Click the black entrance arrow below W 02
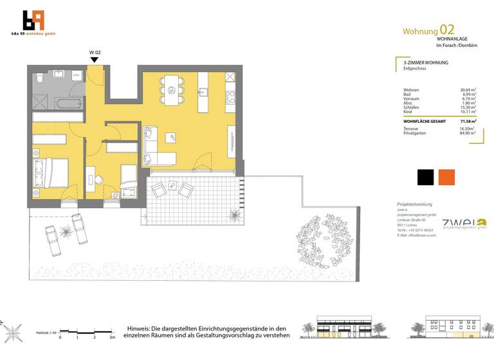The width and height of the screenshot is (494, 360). pos(94,60)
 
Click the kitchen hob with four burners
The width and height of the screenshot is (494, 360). pos(231,98)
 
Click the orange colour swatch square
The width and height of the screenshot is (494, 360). pos(446,176)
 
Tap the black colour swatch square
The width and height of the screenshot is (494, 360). pos(425,176)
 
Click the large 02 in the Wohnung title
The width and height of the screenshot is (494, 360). pos(447,30)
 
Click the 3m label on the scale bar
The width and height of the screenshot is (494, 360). pos(113,337)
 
